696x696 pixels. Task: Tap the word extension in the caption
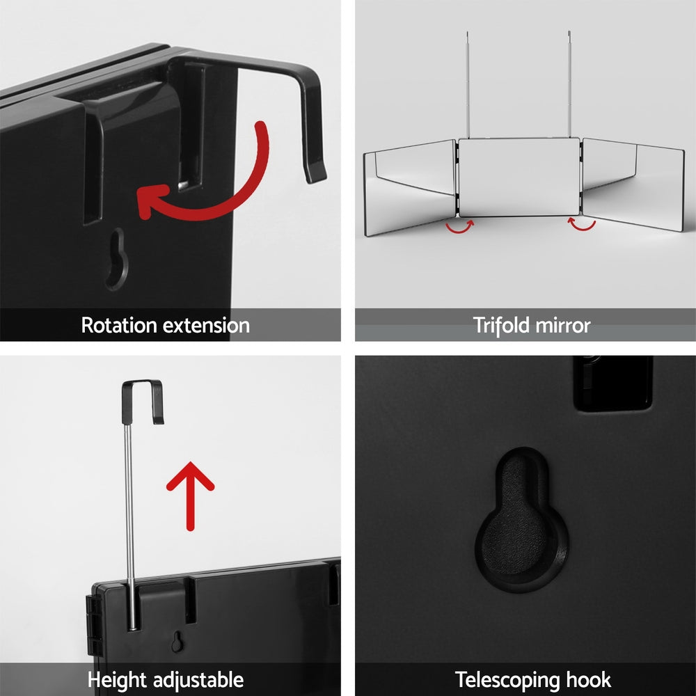click(x=207, y=325)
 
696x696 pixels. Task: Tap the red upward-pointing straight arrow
click(x=190, y=494)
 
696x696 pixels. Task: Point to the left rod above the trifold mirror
click(x=468, y=84)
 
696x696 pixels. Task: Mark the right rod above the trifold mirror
click(x=569, y=84)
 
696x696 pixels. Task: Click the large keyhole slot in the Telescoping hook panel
click(x=522, y=519)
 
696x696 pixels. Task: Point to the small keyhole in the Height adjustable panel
click(x=179, y=641)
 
